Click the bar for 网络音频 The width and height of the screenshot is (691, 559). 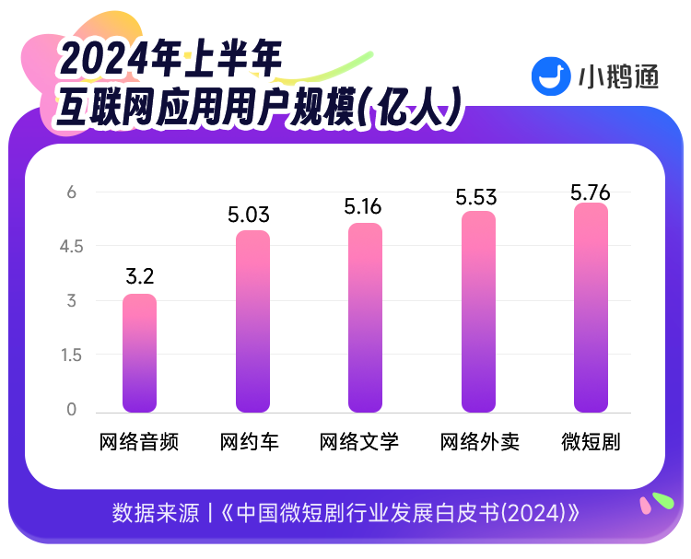(139, 354)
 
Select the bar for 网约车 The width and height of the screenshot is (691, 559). (252, 321)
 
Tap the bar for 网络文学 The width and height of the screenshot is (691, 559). (365, 318)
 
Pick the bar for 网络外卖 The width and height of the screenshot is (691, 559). (478, 312)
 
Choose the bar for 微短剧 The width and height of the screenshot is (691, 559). (591, 308)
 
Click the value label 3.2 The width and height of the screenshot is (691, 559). (140, 276)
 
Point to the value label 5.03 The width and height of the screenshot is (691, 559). (249, 215)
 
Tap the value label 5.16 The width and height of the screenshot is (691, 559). (362, 206)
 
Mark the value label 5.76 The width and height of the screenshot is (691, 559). (590, 192)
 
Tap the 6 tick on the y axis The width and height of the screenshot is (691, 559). (71, 192)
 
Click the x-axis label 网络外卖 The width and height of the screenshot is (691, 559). (479, 442)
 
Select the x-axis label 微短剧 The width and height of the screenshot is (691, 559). (591, 442)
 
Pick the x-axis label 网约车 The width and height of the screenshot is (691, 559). (250, 442)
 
